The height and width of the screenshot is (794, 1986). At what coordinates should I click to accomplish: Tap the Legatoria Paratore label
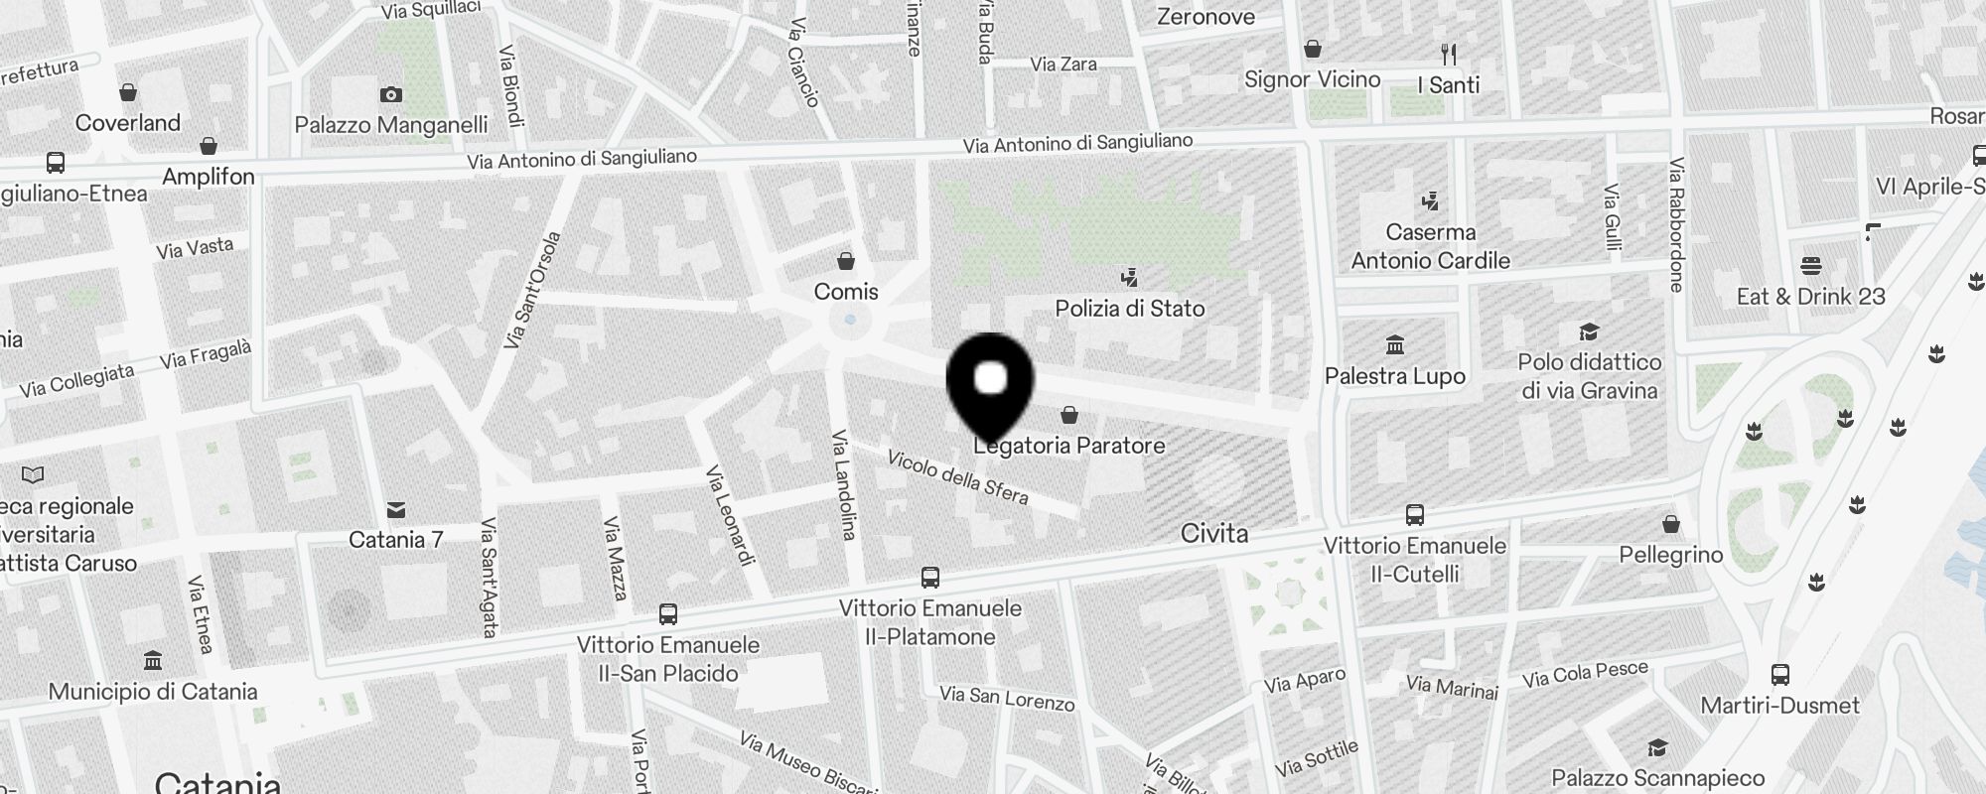[1069, 446]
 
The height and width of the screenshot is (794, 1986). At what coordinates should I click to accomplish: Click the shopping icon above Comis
[846, 261]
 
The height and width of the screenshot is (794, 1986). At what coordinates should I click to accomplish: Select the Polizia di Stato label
[1130, 309]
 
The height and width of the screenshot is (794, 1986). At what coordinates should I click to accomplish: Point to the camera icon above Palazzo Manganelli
[391, 95]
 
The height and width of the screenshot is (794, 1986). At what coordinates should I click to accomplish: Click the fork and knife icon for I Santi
[1449, 55]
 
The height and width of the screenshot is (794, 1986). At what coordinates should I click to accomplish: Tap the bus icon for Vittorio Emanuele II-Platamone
[930, 578]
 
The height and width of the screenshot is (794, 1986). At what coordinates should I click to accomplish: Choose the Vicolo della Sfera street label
[957, 477]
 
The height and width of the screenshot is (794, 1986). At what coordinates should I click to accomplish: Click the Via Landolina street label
[844, 485]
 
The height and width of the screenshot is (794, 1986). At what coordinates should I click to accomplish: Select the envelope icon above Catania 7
[396, 510]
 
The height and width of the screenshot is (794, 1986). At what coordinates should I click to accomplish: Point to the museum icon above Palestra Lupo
[1395, 345]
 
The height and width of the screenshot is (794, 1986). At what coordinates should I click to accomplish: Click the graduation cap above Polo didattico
[1589, 331]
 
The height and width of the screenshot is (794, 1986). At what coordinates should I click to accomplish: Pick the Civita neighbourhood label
[1214, 534]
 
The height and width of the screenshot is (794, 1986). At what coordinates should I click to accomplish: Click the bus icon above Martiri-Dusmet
[1780, 675]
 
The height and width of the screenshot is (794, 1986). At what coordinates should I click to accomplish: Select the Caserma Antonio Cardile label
[1430, 246]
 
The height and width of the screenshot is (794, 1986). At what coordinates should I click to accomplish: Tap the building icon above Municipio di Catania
[153, 661]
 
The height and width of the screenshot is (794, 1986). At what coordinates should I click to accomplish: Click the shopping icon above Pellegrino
[1671, 523]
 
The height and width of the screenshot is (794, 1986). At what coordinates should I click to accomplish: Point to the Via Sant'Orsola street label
[532, 290]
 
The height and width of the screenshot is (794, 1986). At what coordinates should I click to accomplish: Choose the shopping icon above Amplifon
[209, 147]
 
